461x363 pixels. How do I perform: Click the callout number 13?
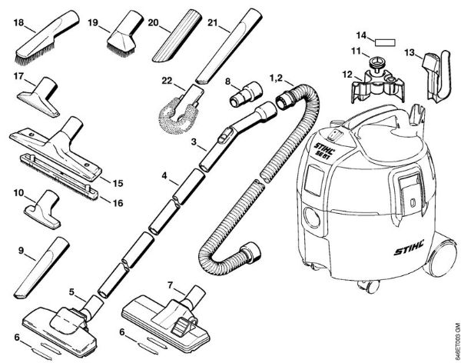[x=411, y=53]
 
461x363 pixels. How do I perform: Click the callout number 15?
[x=117, y=183]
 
